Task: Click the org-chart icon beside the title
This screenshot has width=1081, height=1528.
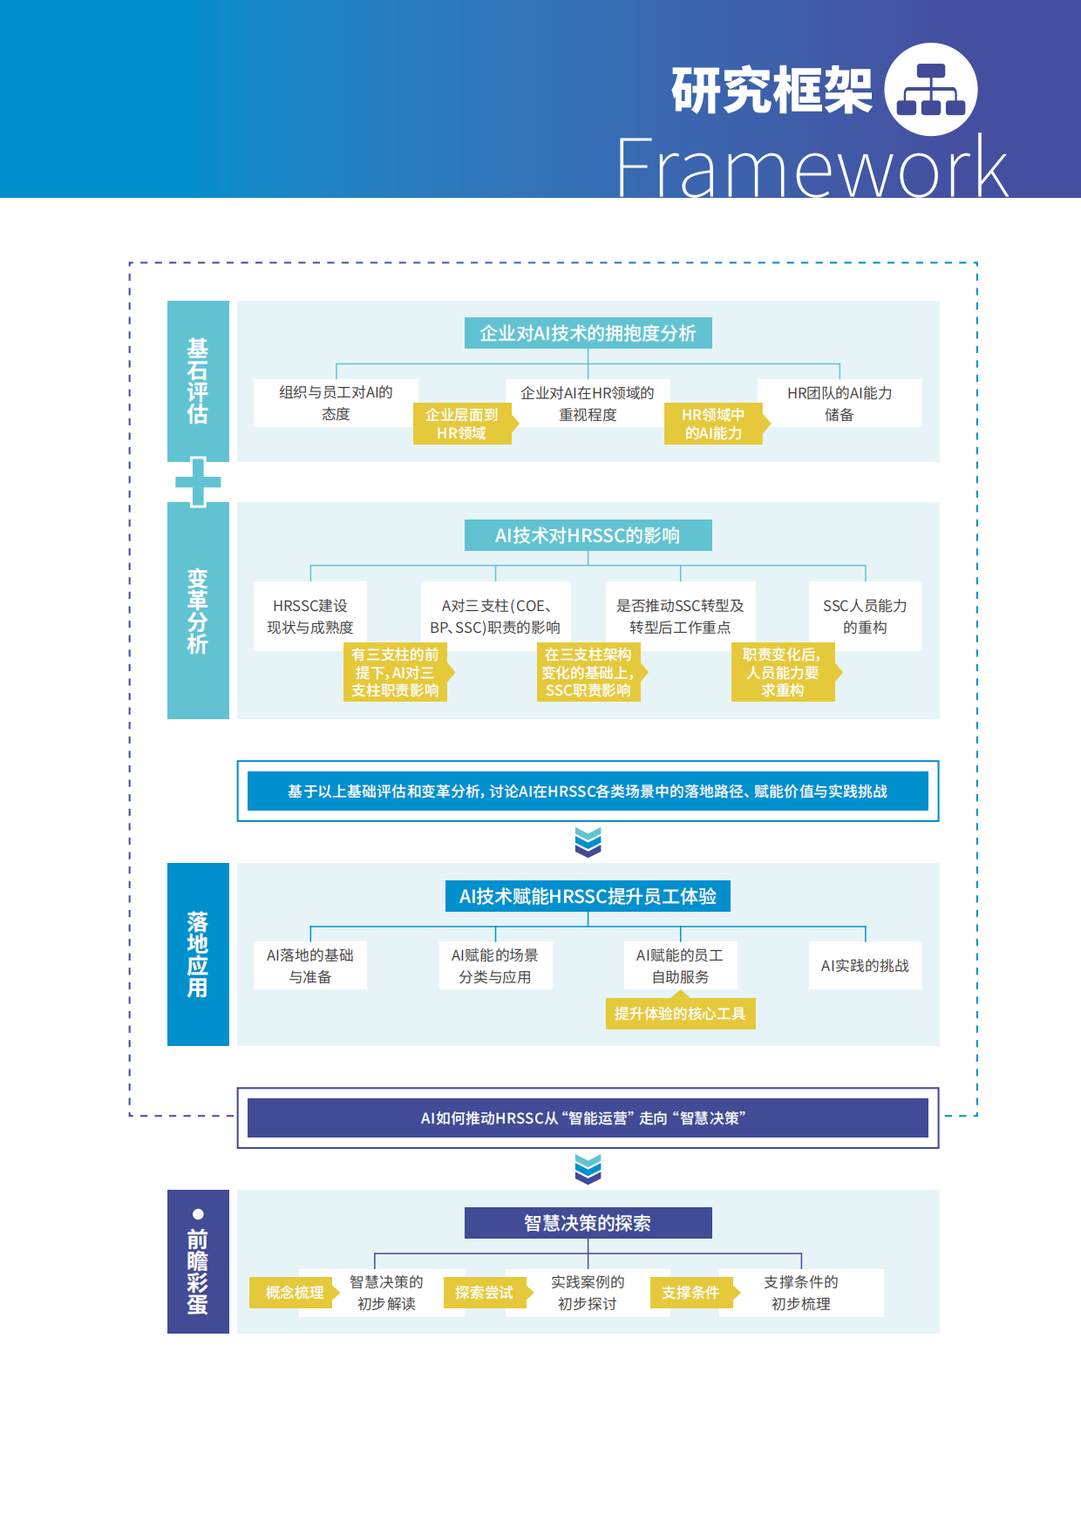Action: (x=930, y=90)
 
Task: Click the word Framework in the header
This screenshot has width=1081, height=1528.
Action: (x=812, y=168)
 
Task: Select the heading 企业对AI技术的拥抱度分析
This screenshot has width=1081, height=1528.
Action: (x=588, y=333)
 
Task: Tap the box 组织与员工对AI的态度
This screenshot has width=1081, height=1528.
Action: (x=336, y=403)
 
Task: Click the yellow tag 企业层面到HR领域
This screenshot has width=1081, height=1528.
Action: (x=461, y=424)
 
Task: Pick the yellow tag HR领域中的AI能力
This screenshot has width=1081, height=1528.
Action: (x=713, y=424)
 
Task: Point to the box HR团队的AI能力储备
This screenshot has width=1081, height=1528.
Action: (x=839, y=404)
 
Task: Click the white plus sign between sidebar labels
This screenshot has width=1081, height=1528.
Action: (x=198, y=481)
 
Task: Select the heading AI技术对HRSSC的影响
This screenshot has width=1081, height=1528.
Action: (x=588, y=535)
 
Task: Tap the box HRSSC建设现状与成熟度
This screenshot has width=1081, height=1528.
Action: (x=309, y=616)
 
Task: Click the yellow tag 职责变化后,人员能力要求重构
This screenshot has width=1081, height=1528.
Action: (x=782, y=672)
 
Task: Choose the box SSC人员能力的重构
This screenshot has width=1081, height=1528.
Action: (x=865, y=616)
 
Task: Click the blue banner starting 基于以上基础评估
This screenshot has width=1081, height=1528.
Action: (x=588, y=791)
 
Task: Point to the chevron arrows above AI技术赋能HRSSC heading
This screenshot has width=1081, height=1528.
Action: (x=588, y=842)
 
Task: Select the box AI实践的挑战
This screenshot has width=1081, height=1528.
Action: (x=865, y=966)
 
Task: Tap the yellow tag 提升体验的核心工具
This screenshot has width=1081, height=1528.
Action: (x=680, y=1014)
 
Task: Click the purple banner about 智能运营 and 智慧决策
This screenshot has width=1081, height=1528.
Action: (x=588, y=1118)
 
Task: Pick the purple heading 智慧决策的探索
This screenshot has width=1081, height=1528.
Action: (x=588, y=1223)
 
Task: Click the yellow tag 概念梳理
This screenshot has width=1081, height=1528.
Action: (x=294, y=1293)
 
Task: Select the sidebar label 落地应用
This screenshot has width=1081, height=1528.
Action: (x=198, y=954)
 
